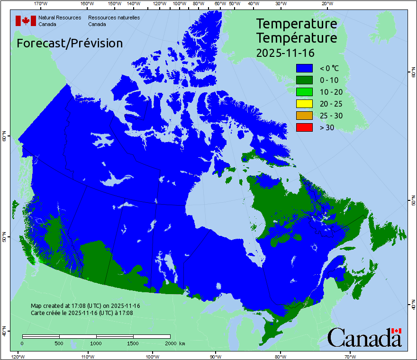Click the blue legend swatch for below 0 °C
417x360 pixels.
tap(304, 68)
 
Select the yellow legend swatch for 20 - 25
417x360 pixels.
tap(304, 104)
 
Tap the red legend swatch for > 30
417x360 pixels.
tap(304, 127)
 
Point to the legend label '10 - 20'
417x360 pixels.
tap(331, 92)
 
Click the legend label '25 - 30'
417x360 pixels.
tap(331, 116)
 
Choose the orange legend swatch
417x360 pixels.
tap(304, 116)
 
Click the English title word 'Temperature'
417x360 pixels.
tap(297, 24)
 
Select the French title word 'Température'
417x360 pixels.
tap(297, 37)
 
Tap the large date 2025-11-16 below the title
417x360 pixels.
tap(285, 52)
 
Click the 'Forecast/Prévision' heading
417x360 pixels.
tap(70, 43)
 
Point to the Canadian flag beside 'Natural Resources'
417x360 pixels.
tap(26, 20)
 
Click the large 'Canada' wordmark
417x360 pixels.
tap(364, 337)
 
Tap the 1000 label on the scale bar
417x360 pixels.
tap(96, 342)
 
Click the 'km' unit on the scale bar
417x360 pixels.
tap(182, 342)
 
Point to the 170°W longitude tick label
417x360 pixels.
tap(41, 4)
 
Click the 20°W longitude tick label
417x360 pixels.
tap(326, 4)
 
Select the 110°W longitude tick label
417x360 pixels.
tap(87, 356)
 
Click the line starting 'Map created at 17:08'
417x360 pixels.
tap(85, 306)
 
